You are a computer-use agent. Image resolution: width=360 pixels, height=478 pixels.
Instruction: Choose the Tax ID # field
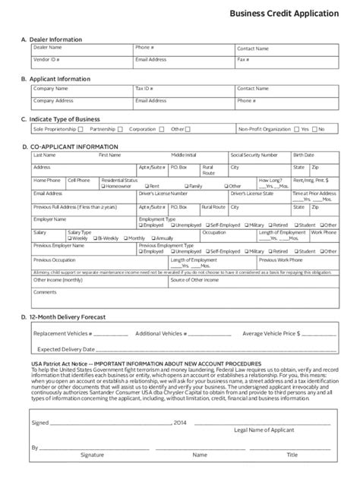pyautogui.click(x=183, y=90)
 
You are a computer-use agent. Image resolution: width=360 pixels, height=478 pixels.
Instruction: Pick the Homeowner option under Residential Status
pyautogui.click(x=104, y=186)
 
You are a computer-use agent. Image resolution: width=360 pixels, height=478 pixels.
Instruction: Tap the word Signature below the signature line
pyautogui.click(x=93, y=455)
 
